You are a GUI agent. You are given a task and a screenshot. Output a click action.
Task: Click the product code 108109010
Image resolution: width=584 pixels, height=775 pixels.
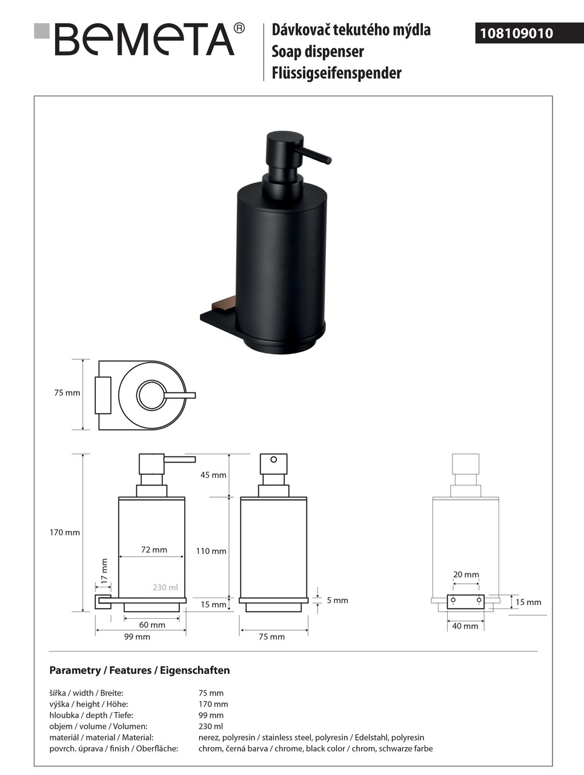(516, 33)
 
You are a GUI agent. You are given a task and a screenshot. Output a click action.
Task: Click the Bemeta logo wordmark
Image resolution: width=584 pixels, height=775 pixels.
(145, 39)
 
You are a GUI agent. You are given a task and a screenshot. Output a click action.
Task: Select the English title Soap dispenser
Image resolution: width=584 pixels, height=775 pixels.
(317, 51)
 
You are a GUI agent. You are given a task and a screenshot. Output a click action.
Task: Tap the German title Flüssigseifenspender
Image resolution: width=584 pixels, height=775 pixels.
(336, 73)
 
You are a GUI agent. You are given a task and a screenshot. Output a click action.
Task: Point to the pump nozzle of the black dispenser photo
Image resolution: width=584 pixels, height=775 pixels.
(313, 156)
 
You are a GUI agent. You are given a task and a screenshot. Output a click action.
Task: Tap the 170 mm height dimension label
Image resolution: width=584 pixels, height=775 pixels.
(65, 532)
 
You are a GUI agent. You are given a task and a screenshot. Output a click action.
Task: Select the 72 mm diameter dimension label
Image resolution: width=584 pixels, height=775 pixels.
(154, 549)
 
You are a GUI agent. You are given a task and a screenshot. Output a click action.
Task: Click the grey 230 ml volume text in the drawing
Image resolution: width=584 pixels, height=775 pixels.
(165, 587)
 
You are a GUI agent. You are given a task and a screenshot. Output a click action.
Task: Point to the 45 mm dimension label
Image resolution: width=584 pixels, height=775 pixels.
(213, 475)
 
